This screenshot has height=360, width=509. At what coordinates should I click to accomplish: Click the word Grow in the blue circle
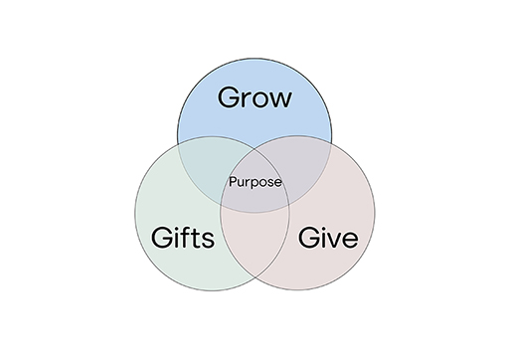(x=255, y=98)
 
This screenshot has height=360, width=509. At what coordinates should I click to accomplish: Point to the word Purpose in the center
(x=255, y=182)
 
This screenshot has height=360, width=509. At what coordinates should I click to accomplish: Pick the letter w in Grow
(x=282, y=100)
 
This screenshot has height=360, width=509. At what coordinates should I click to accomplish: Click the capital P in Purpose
(x=233, y=182)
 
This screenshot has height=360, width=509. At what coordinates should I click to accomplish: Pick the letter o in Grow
(x=264, y=100)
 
